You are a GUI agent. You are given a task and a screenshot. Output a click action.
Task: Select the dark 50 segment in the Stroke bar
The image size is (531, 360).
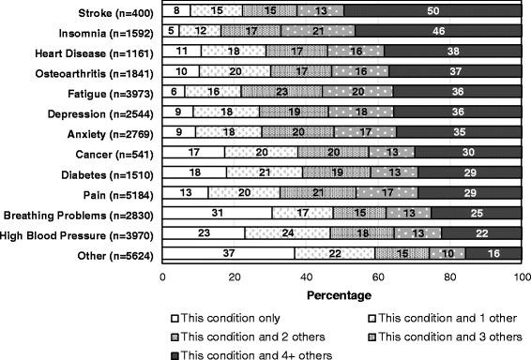tap(432, 11)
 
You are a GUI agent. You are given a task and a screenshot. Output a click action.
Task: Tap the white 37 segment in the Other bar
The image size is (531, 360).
tap(229, 252)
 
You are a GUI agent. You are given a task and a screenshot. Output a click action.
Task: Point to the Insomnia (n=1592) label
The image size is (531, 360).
tap(106, 31)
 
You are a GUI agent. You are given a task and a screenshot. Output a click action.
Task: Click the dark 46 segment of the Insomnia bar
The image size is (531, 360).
tap(438, 30)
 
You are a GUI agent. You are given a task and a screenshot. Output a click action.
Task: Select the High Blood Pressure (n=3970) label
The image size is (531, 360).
tap(82, 232)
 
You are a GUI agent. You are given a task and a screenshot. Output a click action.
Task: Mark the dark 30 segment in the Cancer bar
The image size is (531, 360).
tap(467, 152)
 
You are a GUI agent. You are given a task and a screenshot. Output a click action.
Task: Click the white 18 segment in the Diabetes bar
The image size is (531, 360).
tap(194, 172)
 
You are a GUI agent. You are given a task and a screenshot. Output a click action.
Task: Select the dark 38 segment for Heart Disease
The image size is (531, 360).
tap(452, 51)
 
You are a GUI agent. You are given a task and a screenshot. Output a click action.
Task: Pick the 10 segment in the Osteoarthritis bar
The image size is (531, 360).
tap(181, 71)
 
